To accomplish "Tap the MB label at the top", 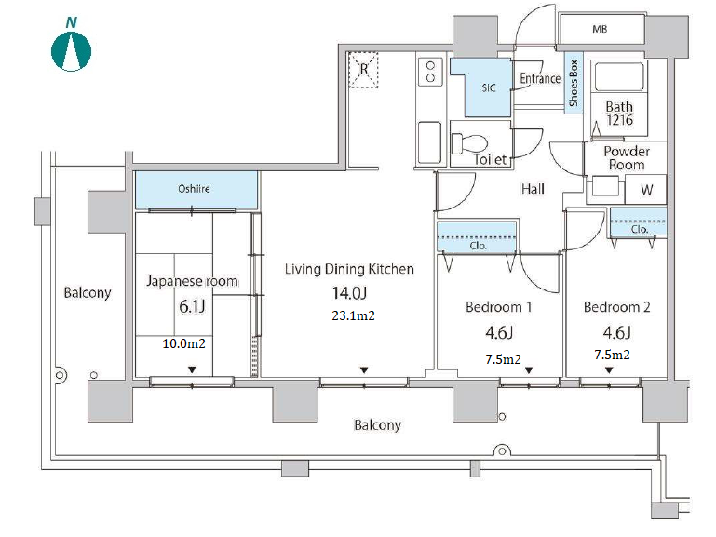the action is pos(600,29).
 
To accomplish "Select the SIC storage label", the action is pos(488,87).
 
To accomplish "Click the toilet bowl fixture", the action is pos(468,142).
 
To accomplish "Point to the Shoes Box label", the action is pos(574,83).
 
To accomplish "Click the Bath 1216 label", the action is pos(619,114).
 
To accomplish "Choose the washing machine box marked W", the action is pos(646,189).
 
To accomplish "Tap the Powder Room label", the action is pos(626,158).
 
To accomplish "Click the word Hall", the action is pos(533,189).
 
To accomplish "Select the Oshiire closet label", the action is pos(194,188).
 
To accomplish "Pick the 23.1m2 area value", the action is pos(353,315).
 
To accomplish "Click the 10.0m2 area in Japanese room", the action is pos(183,343).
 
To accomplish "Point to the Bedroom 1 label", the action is pos(499,307).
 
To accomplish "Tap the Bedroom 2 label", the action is pos(616,307).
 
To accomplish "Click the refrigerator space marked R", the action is pos(363,70).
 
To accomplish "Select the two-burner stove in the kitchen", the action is pos(430,72).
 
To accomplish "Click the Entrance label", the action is pos(540,78).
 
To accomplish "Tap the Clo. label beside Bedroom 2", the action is pos(640,229).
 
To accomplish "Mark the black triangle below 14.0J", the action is pos(364,370).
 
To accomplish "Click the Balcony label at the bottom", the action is pos(377,425).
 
